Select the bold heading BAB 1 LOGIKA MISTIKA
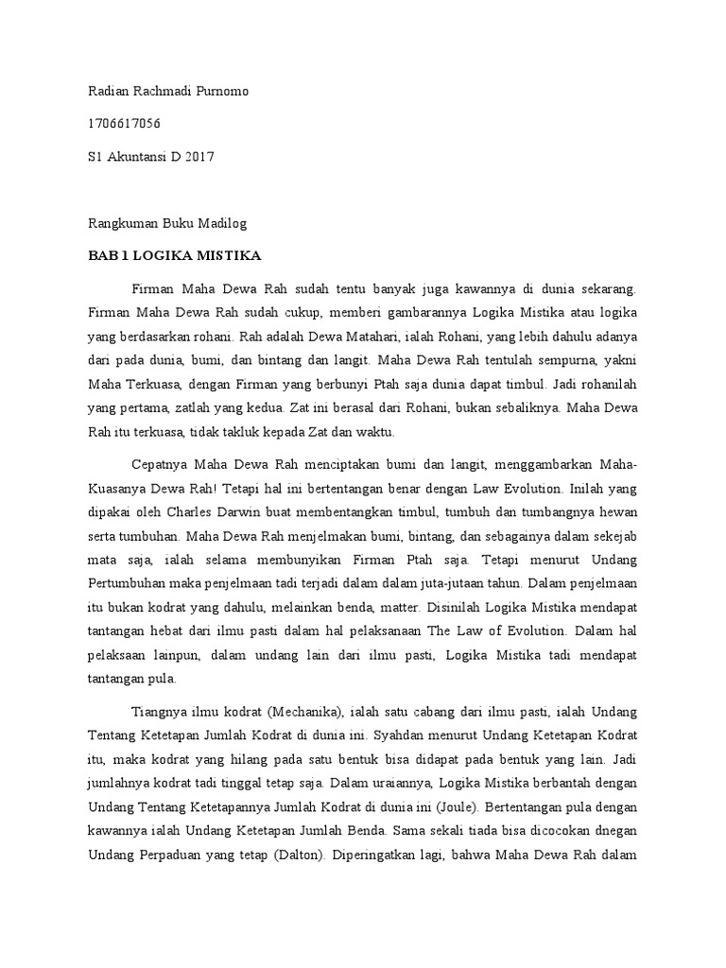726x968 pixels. pyautogui.click(x=175, y=256)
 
